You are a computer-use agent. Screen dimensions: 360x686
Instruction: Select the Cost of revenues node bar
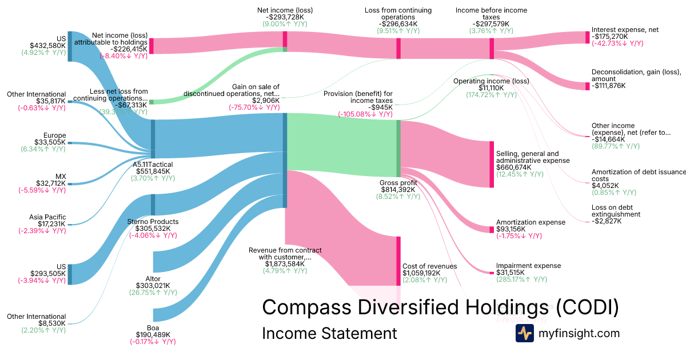(x=398, y=261)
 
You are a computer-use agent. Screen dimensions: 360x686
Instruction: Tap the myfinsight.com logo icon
(x=524, y=333)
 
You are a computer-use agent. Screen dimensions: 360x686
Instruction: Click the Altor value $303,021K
(x=153, y=286)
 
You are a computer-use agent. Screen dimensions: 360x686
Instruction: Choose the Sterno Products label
(x=153, y=222)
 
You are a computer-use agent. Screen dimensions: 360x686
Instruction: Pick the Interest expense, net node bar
(x=587, y=37)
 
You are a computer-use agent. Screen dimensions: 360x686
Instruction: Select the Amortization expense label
(x=531, y=222)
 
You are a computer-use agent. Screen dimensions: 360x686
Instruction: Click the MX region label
(x=60, y=177)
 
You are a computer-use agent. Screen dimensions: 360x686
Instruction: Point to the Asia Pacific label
(x=47, y=217)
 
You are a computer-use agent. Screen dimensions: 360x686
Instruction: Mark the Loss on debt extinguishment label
(x=616, y=211)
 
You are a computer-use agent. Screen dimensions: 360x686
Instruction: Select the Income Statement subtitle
(x=329, y=333)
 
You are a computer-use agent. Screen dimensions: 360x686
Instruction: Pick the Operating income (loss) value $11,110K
(x=490, y=88)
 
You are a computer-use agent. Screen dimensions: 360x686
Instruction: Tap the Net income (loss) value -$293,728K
(x=285, y=18)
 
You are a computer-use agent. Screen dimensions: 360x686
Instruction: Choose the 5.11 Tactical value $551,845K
(x=153, y=171)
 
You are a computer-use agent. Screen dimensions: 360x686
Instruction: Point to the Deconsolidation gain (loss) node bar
(x=587, y=86)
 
